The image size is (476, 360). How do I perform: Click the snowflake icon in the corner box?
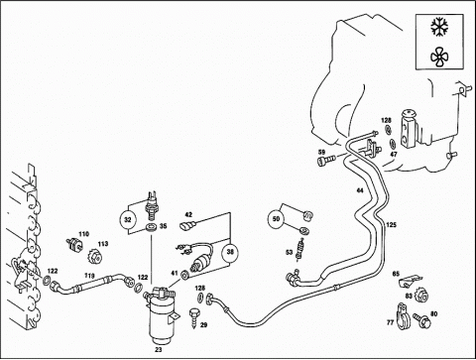[x=439, y=27]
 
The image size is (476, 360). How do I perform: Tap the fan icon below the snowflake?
[x=439, y=57]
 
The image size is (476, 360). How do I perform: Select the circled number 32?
[x=128, y=219]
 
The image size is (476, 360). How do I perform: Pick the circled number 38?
[x=230, y=252]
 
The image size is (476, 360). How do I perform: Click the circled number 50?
[x=277, y=219]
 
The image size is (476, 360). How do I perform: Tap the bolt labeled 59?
[x=326, y=161]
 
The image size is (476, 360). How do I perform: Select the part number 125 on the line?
[x=391, y=225]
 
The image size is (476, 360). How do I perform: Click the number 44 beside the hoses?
[x=360, y=190]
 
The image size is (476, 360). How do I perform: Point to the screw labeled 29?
[x=194, y=318]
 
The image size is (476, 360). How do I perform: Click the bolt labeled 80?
[x=421, y=320]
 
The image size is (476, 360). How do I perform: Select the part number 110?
[x=84, y=234]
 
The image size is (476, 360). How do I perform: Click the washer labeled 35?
[x=153, y=228]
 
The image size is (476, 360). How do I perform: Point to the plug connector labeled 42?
[x=187, y=225]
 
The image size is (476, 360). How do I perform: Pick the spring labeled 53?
[x=300, y=249]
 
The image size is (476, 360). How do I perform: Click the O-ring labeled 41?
[x=184, y=274]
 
